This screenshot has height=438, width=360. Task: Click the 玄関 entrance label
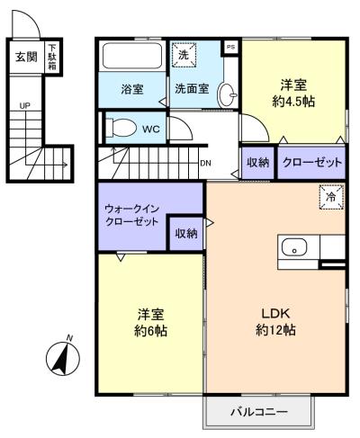tap(26, 57)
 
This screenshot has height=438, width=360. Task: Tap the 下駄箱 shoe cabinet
tap(52, 57)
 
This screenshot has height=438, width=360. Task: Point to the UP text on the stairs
tap(25, 106)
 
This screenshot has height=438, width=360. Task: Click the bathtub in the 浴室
tap(132, 56)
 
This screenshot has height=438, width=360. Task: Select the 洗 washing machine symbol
tap(184, 55)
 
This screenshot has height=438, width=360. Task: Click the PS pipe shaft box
tap(230, 47)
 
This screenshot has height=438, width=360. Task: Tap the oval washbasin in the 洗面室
tap(227, 94)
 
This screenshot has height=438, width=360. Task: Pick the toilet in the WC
tap(121, 128)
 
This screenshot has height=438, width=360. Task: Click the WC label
tap(151, 130)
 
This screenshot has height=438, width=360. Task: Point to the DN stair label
tap(205, 163)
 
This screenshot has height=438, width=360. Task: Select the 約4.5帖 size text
tap(293, 103)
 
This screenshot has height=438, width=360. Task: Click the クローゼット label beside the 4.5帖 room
tap(312, 162)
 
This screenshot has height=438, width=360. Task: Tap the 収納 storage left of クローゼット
tap(257, 162)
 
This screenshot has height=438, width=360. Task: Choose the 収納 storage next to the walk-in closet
tap(186, 233)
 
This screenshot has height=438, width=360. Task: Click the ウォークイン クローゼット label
tap(131, 215)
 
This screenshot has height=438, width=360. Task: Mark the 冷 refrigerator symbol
tap(331, 197)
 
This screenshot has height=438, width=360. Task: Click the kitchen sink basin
tap(294, 247)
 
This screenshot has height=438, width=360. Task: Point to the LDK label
tap(275, 314)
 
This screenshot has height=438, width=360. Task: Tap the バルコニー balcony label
tap(259, 412)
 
